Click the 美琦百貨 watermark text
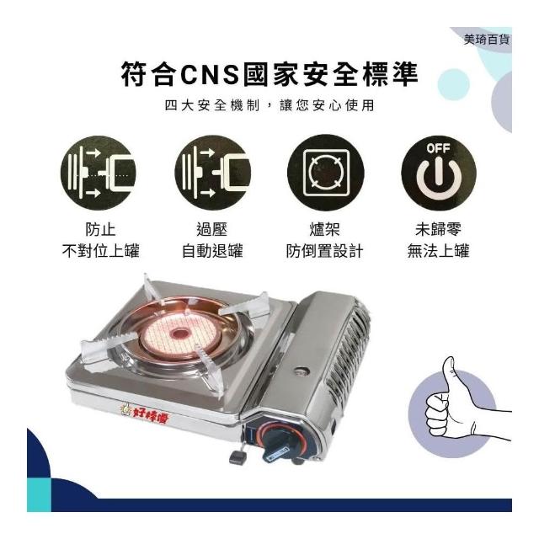(x=487, y=40)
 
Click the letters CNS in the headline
(x=210, y=74)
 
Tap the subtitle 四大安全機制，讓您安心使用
(x=269, y=105)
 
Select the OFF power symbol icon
(x=439, y=172)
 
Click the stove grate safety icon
(x=326, y=172)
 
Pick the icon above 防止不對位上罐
(x=99, y=172)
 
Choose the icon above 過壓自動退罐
(x=213, y=172)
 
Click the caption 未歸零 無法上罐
(x=438, y=240)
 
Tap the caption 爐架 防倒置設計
(x=324, y=240)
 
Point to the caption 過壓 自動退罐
(x=212, y=240)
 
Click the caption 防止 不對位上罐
(x=101, y=240)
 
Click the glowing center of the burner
(x=179, y=334)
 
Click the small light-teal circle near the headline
(x=454, y=84)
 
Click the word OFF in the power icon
(x=438, y=148)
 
